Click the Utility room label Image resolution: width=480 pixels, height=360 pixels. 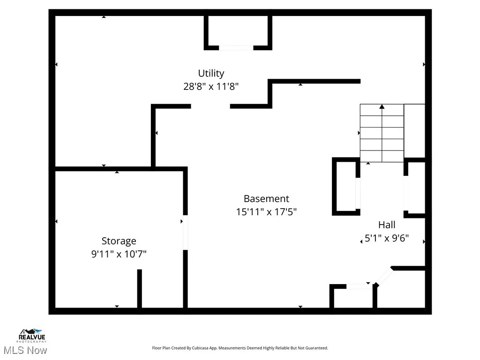(x=211, y=73)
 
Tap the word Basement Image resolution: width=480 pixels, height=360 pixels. (x=266, y=198)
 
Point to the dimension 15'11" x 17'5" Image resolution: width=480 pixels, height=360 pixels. (x=266, y=212)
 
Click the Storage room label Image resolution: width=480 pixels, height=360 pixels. (x=119, y=241)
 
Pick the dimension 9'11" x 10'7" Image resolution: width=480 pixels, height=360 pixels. (x=119, y=254)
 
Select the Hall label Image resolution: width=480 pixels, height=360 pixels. (x=387, y=225)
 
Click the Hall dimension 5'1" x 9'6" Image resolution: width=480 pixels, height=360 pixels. (x=387, y=238)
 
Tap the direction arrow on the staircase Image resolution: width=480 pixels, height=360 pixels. (x=382, y=107)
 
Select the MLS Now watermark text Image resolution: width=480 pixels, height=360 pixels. (x=25, y=350)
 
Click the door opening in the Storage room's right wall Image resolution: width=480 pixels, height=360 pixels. (x=185, y=232)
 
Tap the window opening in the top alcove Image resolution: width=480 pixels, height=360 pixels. (x=236, y=47)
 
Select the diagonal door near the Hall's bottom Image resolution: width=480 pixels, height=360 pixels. (x=384, y=276)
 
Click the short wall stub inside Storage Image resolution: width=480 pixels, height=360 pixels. (x=139, y=288)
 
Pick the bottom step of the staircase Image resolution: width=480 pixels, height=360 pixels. (x=382, y=157)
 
